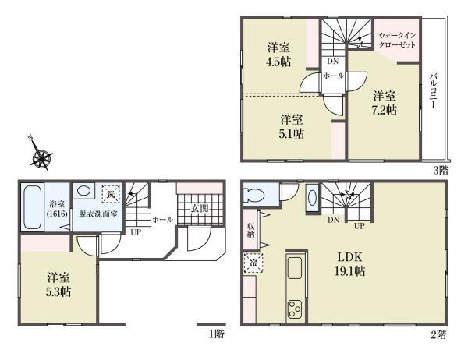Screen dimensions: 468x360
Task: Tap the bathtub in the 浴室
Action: coord(32,207)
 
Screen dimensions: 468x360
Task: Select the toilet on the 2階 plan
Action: coord(253,195)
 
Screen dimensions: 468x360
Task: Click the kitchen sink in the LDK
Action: coord(294,267)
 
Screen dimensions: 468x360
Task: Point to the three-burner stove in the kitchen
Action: coord(295,309)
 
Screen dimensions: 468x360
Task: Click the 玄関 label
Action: coord(200,209)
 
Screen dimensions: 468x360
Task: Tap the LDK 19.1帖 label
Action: coord(349,264)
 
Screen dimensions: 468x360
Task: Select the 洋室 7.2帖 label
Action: coord(385,103)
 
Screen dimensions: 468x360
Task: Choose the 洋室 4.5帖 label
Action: coord(278,55)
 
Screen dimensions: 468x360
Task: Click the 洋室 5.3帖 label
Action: coord(58,284)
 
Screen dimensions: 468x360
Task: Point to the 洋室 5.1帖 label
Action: coord(291,126)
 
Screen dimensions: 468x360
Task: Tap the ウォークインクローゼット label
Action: coord(397,41)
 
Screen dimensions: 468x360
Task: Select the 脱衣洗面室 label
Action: coord(98,214)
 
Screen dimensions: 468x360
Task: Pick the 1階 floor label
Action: coord(216,334)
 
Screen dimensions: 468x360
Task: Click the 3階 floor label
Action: coord(441,171)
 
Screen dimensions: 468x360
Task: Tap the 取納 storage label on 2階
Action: coord(250,230)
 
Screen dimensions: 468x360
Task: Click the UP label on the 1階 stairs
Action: coord(136,232)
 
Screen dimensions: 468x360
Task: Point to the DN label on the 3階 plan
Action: coord(333,61)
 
